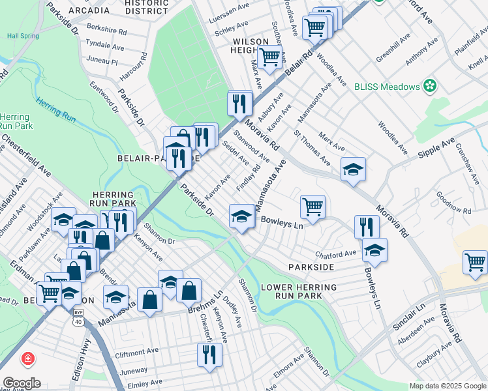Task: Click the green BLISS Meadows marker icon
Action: point(430,85)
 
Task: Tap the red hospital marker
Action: point(29,359)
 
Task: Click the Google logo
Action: point(22,383)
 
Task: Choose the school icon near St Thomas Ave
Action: point(353,170)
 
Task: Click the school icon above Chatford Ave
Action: point(374,250)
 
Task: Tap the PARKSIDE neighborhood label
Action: point(311,267)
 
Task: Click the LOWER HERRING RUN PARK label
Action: point(299,291)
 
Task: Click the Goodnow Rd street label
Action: point(453,203)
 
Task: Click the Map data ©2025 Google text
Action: point(448,385)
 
